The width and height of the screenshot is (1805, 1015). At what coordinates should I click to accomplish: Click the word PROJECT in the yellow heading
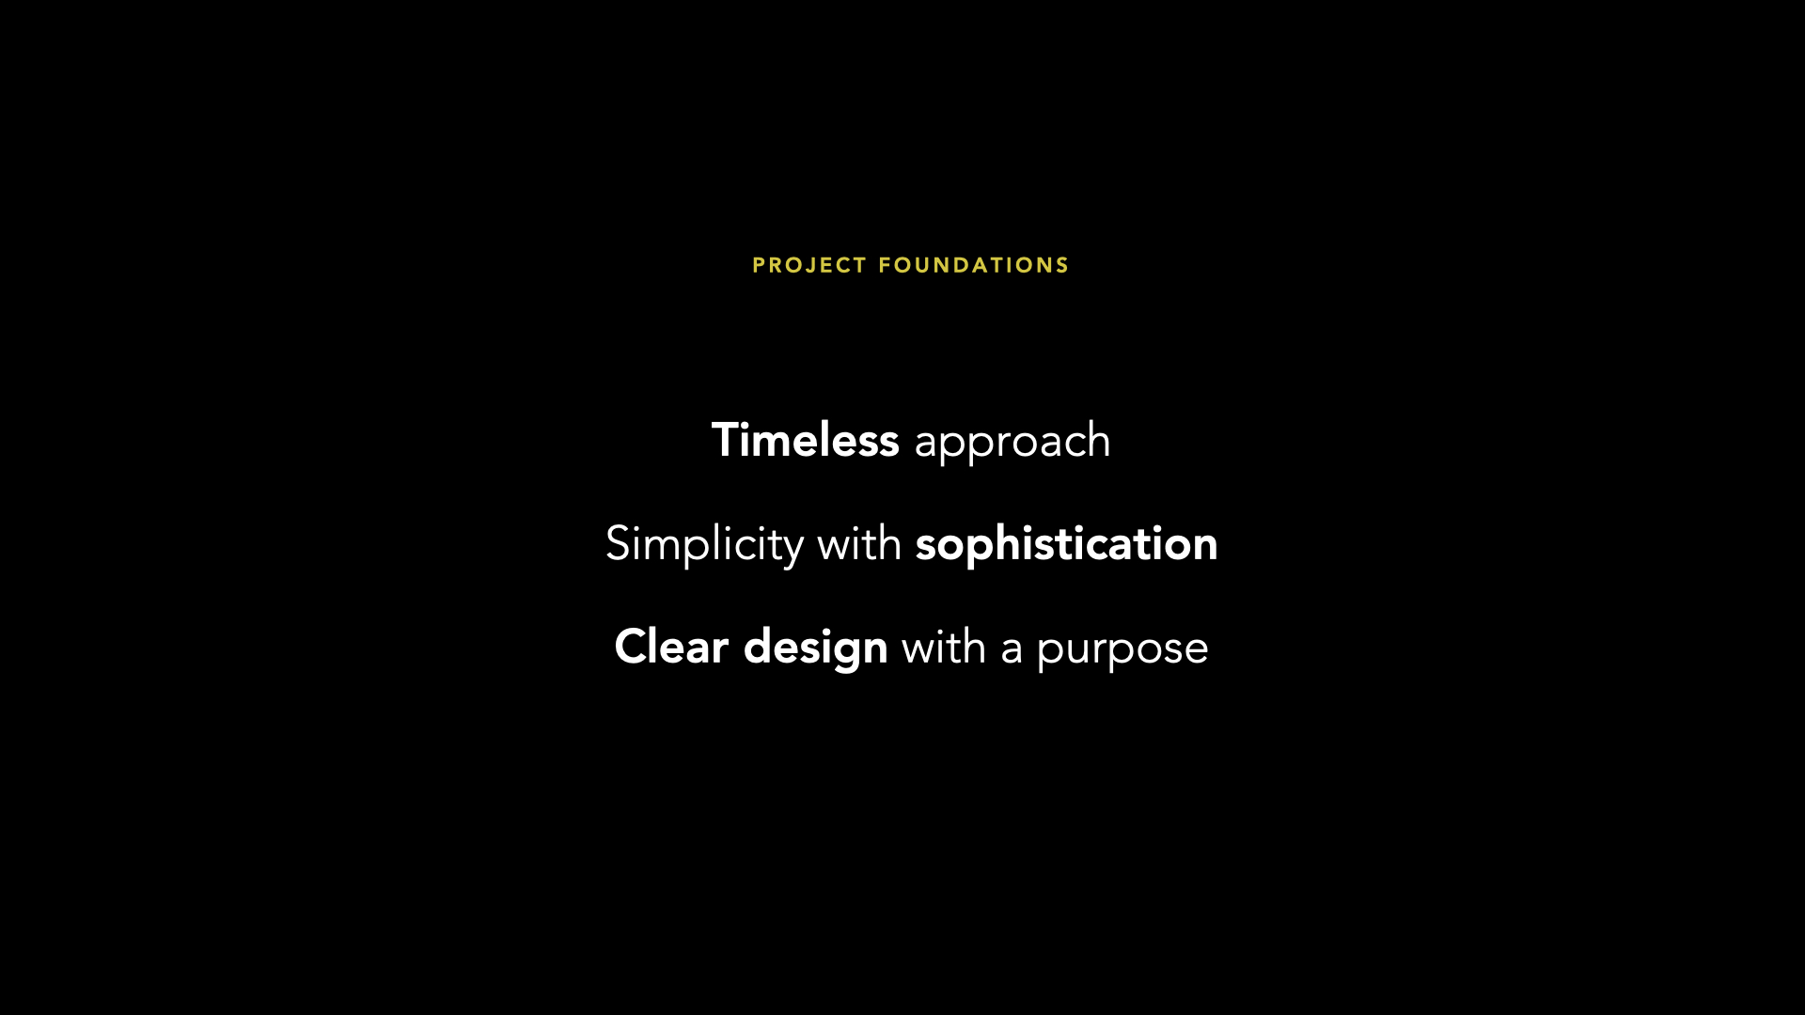click(x=809, y=266)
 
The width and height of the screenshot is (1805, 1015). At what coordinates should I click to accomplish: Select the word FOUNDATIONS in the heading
click(x=974, y=266)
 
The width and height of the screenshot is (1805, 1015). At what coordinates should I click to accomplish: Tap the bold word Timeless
click(x=806, y=440)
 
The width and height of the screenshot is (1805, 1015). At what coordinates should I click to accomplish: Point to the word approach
click(x=1012, y=443)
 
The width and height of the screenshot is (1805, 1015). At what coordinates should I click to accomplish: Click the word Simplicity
click(x=705, y=544)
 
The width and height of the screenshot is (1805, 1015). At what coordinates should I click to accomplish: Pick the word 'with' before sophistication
click(x=859, y=543)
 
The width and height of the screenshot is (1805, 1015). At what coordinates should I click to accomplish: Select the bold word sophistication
click(x=1067, y=544)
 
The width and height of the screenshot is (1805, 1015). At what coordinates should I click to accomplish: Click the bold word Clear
click(x=671, y=647)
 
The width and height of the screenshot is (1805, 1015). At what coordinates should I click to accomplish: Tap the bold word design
click(x=816, y=648)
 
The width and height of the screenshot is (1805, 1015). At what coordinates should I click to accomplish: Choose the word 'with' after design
click(x=944, y=647)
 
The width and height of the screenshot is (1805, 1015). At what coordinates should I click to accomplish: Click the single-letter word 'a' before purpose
click(x=1012, y=651)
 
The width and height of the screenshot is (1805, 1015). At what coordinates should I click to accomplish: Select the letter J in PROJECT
click(x=808, y=266)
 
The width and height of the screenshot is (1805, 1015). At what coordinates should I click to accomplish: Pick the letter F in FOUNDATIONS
click(x=885, y=266)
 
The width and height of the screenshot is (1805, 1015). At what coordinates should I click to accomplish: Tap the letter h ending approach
click(x=1099, y=440)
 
